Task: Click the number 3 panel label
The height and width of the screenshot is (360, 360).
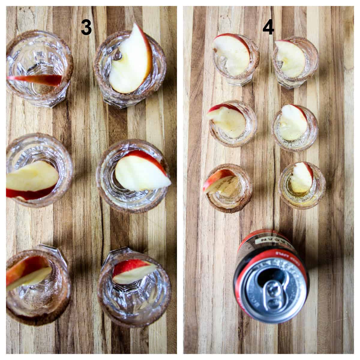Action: pos(86,28)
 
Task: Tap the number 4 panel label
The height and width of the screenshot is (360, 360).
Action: pos(268,28)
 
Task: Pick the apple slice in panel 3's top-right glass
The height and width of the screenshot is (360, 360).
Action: pos(132,60)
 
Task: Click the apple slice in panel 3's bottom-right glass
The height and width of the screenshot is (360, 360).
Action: pos(132,271)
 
